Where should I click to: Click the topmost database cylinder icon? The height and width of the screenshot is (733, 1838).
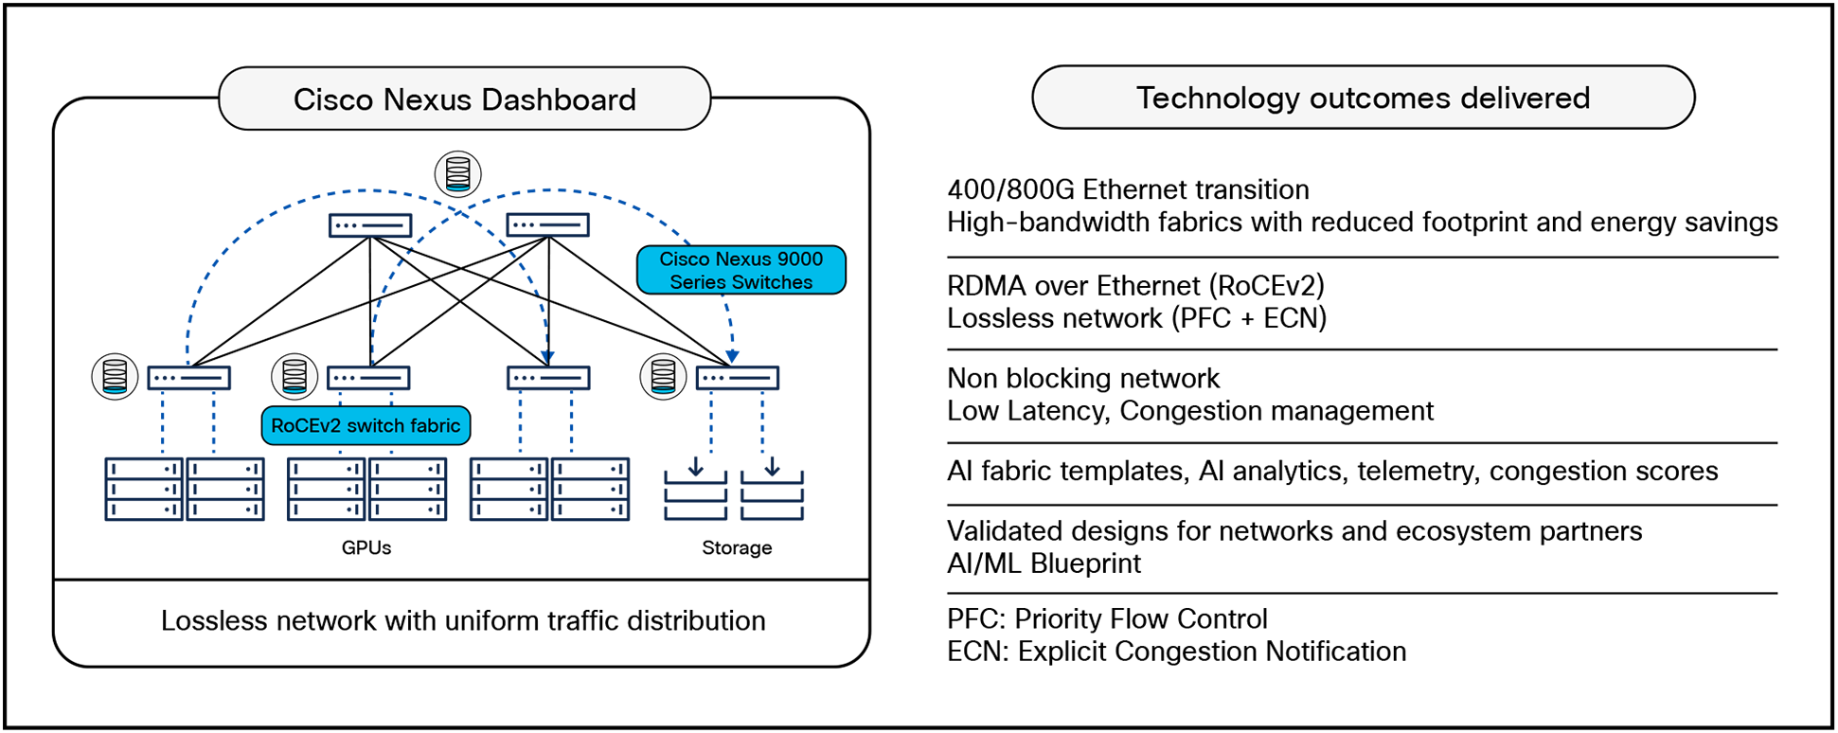click(x=457, y=174)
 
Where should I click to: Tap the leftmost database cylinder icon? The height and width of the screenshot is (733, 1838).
click(x=115, y=376)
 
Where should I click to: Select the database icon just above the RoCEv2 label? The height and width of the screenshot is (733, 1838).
click(x=294, y=376)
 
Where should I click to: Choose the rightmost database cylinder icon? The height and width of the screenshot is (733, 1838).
click(x=663, y=376)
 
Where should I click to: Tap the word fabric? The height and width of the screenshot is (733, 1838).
click(x=436, y=426)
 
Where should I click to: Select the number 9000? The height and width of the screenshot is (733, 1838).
click(x=799, y=259)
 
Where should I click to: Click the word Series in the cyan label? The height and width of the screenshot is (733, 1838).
click(x=697, y=282)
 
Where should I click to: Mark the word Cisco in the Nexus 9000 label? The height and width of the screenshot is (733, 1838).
click(x=684, y=259)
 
